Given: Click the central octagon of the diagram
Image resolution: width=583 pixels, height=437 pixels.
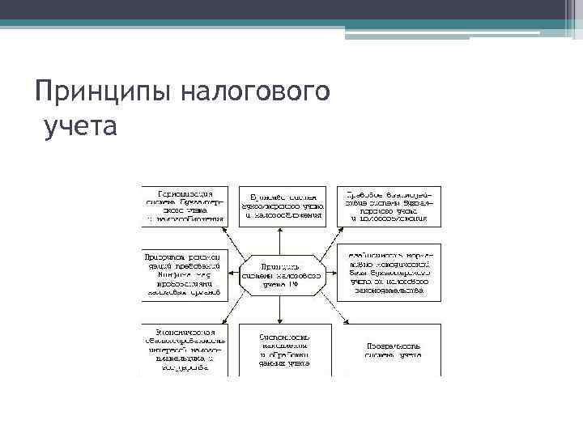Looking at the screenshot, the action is coord(280,275).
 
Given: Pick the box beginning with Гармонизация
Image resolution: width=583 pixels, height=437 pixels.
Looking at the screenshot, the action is coord(186,206).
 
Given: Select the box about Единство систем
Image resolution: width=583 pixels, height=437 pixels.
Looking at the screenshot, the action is coord(282,206).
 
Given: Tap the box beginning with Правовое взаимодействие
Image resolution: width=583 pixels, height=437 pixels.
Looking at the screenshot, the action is coord(389,206).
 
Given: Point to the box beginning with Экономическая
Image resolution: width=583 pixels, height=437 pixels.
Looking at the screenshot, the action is coord(185,349).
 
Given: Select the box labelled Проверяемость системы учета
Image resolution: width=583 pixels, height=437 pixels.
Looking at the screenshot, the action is coord(389,349).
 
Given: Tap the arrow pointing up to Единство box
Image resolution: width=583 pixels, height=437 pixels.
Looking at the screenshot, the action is coord(280,241).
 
